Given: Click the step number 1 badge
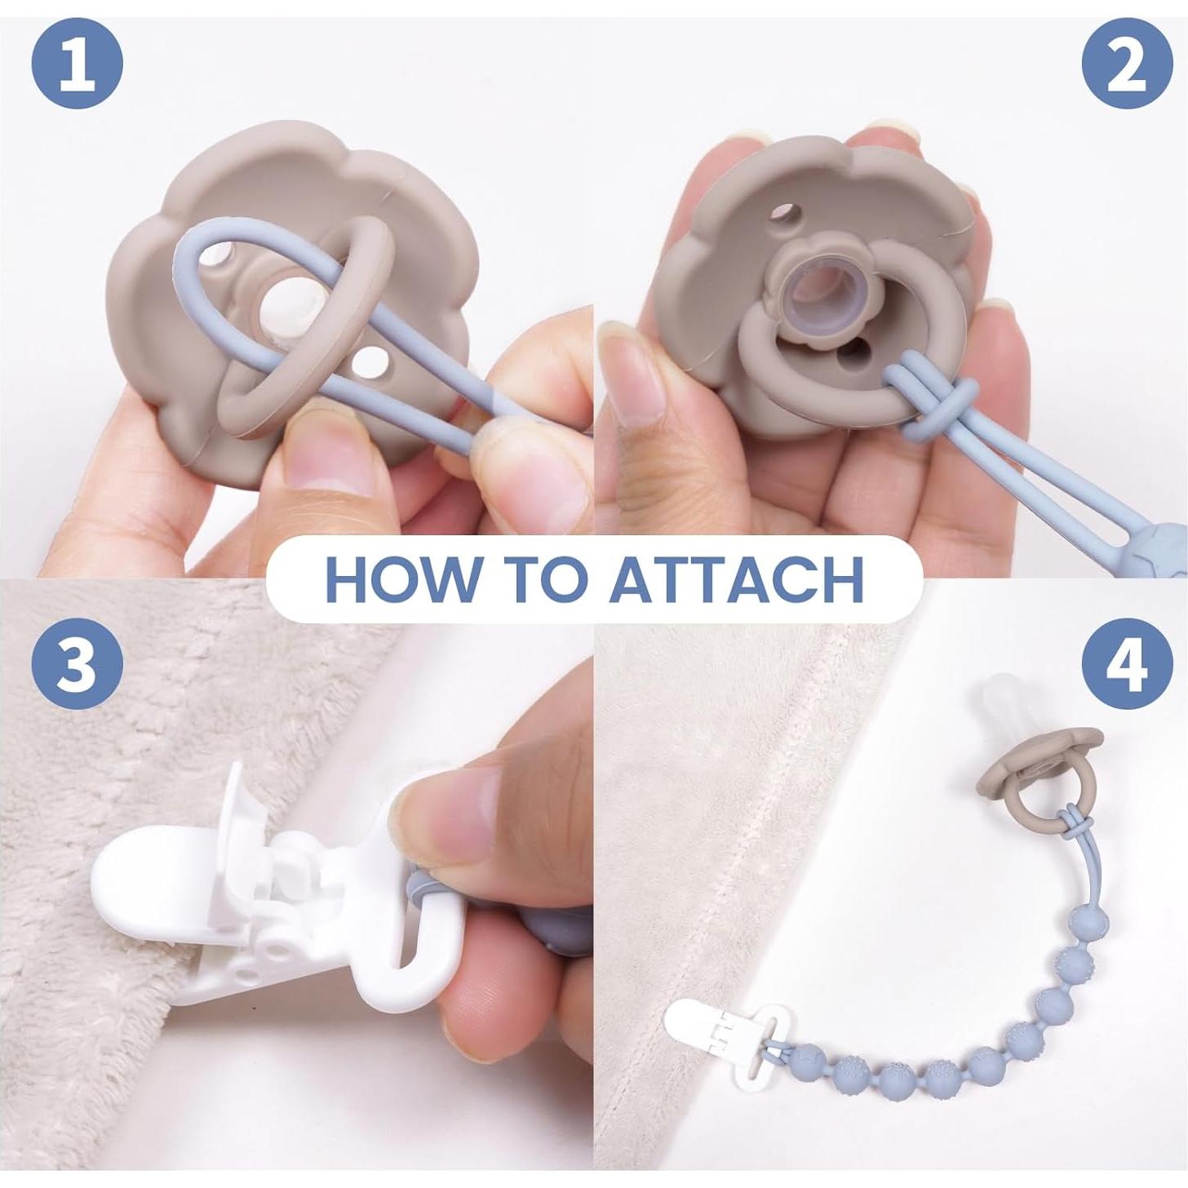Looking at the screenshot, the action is coord(77,64).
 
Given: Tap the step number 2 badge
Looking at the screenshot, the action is coord(1128,64).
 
